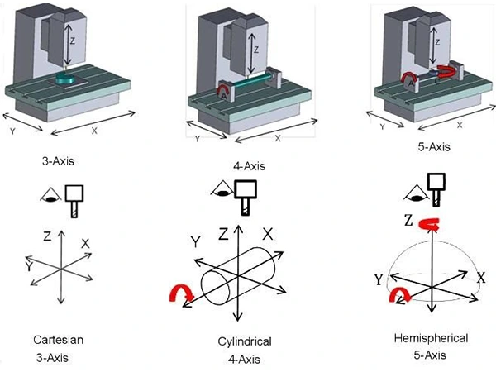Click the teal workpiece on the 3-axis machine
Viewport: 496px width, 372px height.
pos(65,79)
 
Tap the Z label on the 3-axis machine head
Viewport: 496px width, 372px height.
pos(73,41)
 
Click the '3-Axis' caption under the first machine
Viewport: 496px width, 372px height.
pos(58,161)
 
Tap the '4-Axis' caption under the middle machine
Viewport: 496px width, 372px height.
pos(249,166)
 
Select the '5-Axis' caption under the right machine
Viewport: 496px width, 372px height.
pos(434,147)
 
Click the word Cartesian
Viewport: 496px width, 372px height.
pos(59,340)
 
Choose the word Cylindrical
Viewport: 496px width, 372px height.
pos(245,341)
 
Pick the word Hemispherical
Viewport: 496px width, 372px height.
pos(431,338)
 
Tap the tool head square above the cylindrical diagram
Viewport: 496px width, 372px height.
pos(246,189)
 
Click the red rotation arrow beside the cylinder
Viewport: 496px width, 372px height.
pos(181,293)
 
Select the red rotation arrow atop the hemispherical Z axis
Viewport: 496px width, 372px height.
pos(428,225)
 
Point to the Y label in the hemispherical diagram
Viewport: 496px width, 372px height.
pos(379,279)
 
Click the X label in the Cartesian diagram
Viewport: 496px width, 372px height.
pos(85,244)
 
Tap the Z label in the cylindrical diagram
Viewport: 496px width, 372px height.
pos(223,234)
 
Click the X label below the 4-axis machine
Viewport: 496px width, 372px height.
pos(278,138)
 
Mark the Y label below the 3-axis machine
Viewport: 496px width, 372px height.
pos(12,131)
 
